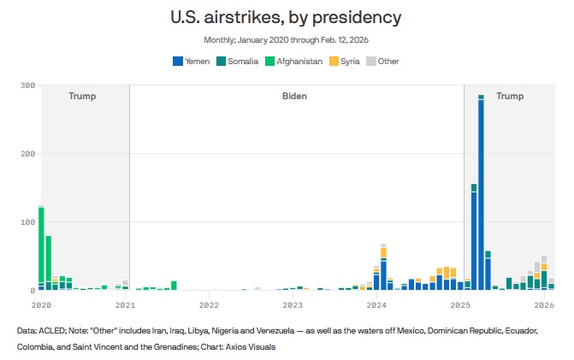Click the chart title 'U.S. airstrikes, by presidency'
[x=287, y=17]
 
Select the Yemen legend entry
[x=192, y=61]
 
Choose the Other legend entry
[x=383, y=61]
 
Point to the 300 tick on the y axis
[x=27, y=86]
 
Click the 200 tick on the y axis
[x=27, y=154]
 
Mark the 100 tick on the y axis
[x=27, y=222]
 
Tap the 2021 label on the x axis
[x=125, y=304]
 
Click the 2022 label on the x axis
[x=209, y=304]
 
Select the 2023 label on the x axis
[x=293, y=304]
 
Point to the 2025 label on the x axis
[x=460, y=304]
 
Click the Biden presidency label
[x=294, y=97]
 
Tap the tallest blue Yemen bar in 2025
[x=481, y=197]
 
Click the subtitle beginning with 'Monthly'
[x=287, y=40]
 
